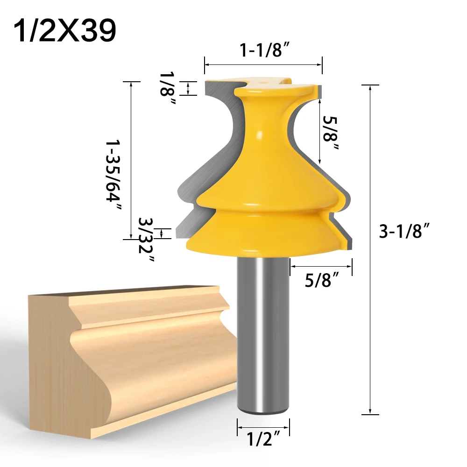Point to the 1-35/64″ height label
113,177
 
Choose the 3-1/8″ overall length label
403,232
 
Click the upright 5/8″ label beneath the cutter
322,281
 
